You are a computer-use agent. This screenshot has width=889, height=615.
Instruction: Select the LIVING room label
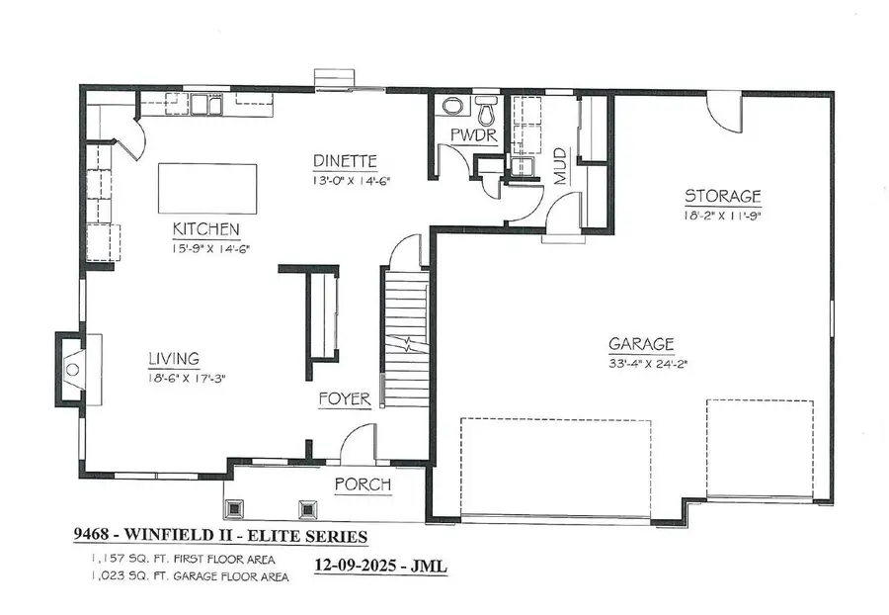tap(174, 358)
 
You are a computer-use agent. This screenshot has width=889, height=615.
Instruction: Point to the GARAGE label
tap(641, 344)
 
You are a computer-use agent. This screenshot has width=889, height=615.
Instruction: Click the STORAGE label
tap(723, 196)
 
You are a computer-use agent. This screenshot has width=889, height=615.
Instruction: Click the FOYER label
tap(344, 399)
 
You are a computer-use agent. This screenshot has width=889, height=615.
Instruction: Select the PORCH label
tap(363, 484)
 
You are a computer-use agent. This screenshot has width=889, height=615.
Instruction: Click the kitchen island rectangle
tap(206, 188)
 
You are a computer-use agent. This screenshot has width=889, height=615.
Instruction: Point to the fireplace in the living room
tap(71, 369)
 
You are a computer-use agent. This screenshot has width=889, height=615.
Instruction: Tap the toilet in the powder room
tap(486, 108)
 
